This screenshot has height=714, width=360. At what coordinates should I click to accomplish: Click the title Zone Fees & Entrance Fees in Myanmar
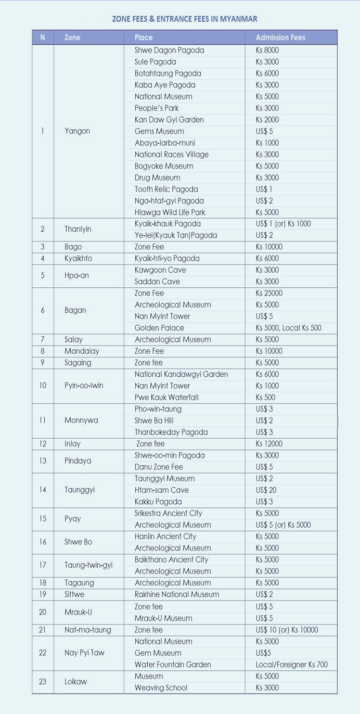pyautogui.click(x=185, y=19)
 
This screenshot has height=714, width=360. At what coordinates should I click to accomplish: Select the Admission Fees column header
pyautogui.click(x=280, y=37)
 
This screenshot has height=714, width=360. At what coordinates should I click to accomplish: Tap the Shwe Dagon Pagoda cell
pyautogui.click(x=169, y=50)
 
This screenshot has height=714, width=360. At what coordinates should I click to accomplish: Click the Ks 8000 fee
pyautogui.click(x=267, y=50)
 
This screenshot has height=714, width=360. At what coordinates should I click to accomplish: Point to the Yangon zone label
pyautogui.click(x=77, y=131)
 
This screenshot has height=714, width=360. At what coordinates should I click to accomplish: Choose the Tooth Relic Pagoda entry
pyautogui.click(x=166, y=189)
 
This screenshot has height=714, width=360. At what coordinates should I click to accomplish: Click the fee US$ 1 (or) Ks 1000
pyautogui.click(x=283, y=224)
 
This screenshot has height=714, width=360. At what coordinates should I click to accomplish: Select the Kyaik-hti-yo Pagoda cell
pyautogui.click(x=167, y=259)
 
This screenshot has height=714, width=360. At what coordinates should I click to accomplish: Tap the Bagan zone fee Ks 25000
pyautogui.click(x=269, y=294)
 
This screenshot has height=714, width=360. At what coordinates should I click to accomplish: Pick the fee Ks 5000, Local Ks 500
pyautogui.click(x=288, y=328)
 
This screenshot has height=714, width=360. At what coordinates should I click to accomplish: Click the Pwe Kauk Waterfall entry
pyautogui.click(x=166, y=398)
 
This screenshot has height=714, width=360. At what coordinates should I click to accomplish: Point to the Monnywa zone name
pyautogui.click(x=81, y=420)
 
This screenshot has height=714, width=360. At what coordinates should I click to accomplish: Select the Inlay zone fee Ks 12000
pyautogui.click(x=269, y=444)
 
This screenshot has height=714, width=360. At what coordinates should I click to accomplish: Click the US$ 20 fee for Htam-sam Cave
pyautogui.click(x=266, y=490)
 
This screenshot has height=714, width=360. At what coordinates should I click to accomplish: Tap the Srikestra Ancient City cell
pyautogui.click(x=168, y=513)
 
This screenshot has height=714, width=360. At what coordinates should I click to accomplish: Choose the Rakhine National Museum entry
pyautogui.click(x=176, y=594)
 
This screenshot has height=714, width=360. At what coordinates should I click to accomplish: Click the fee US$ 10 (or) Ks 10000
pyautogui.click(x=287, y=630)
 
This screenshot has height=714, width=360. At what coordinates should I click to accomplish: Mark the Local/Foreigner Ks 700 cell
pyautogui.click(x=291, y=665)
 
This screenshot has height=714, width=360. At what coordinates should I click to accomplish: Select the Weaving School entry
pyautogui.click(x=161, y=688)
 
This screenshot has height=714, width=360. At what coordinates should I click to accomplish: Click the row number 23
pyautogui.click(x=43, y=682)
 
